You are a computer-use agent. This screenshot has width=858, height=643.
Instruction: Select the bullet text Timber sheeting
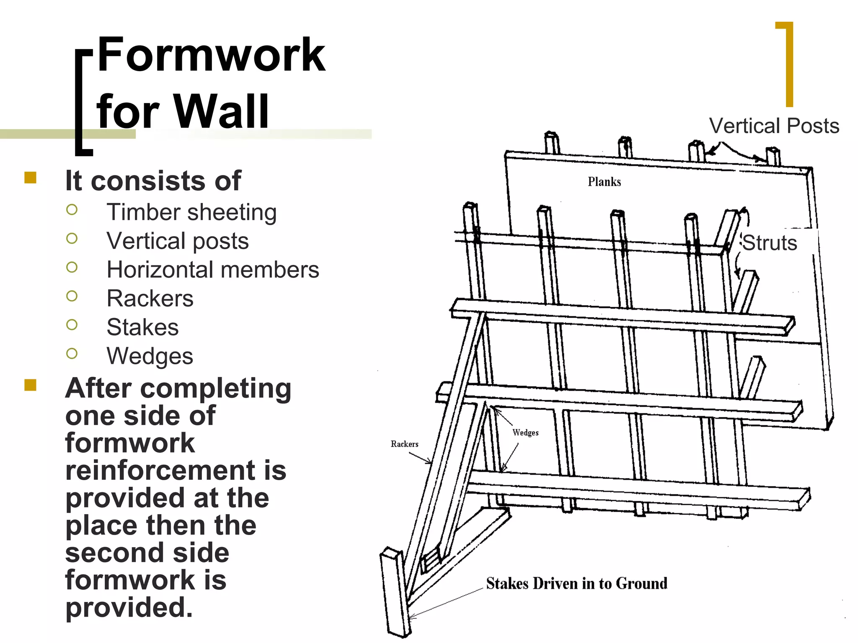(x=191, y=212)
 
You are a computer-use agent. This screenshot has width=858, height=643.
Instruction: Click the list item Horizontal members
(x=213, y=270)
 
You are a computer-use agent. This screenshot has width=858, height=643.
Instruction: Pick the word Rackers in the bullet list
(x=150, y=298)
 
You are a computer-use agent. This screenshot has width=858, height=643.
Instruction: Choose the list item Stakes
(x=142, y=327)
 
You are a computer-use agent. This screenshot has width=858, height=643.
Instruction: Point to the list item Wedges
(x=150, y=356)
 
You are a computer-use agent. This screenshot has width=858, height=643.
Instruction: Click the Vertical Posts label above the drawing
(x=774, y=126)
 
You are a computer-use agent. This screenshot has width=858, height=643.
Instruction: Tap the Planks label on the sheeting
(x=604, y=182)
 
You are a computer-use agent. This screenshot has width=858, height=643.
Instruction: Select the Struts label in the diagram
(x=769, y=243)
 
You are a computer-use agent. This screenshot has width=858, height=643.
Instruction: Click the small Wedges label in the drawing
(x=525, y=432)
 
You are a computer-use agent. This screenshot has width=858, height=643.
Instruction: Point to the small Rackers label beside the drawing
(x=404, y=444)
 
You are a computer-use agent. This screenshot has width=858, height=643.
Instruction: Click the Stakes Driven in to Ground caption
(x=576, y=583)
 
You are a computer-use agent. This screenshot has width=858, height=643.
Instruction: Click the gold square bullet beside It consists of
(x=30, y=178)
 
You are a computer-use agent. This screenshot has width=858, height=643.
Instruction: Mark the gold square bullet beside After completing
(x=30, y=385)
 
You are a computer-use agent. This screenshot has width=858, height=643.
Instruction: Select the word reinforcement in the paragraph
(x=176, y=470)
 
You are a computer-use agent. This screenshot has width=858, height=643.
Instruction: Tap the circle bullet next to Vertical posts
(x=72, y=239)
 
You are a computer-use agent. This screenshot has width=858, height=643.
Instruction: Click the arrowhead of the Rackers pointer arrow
(x=429, y=463)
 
